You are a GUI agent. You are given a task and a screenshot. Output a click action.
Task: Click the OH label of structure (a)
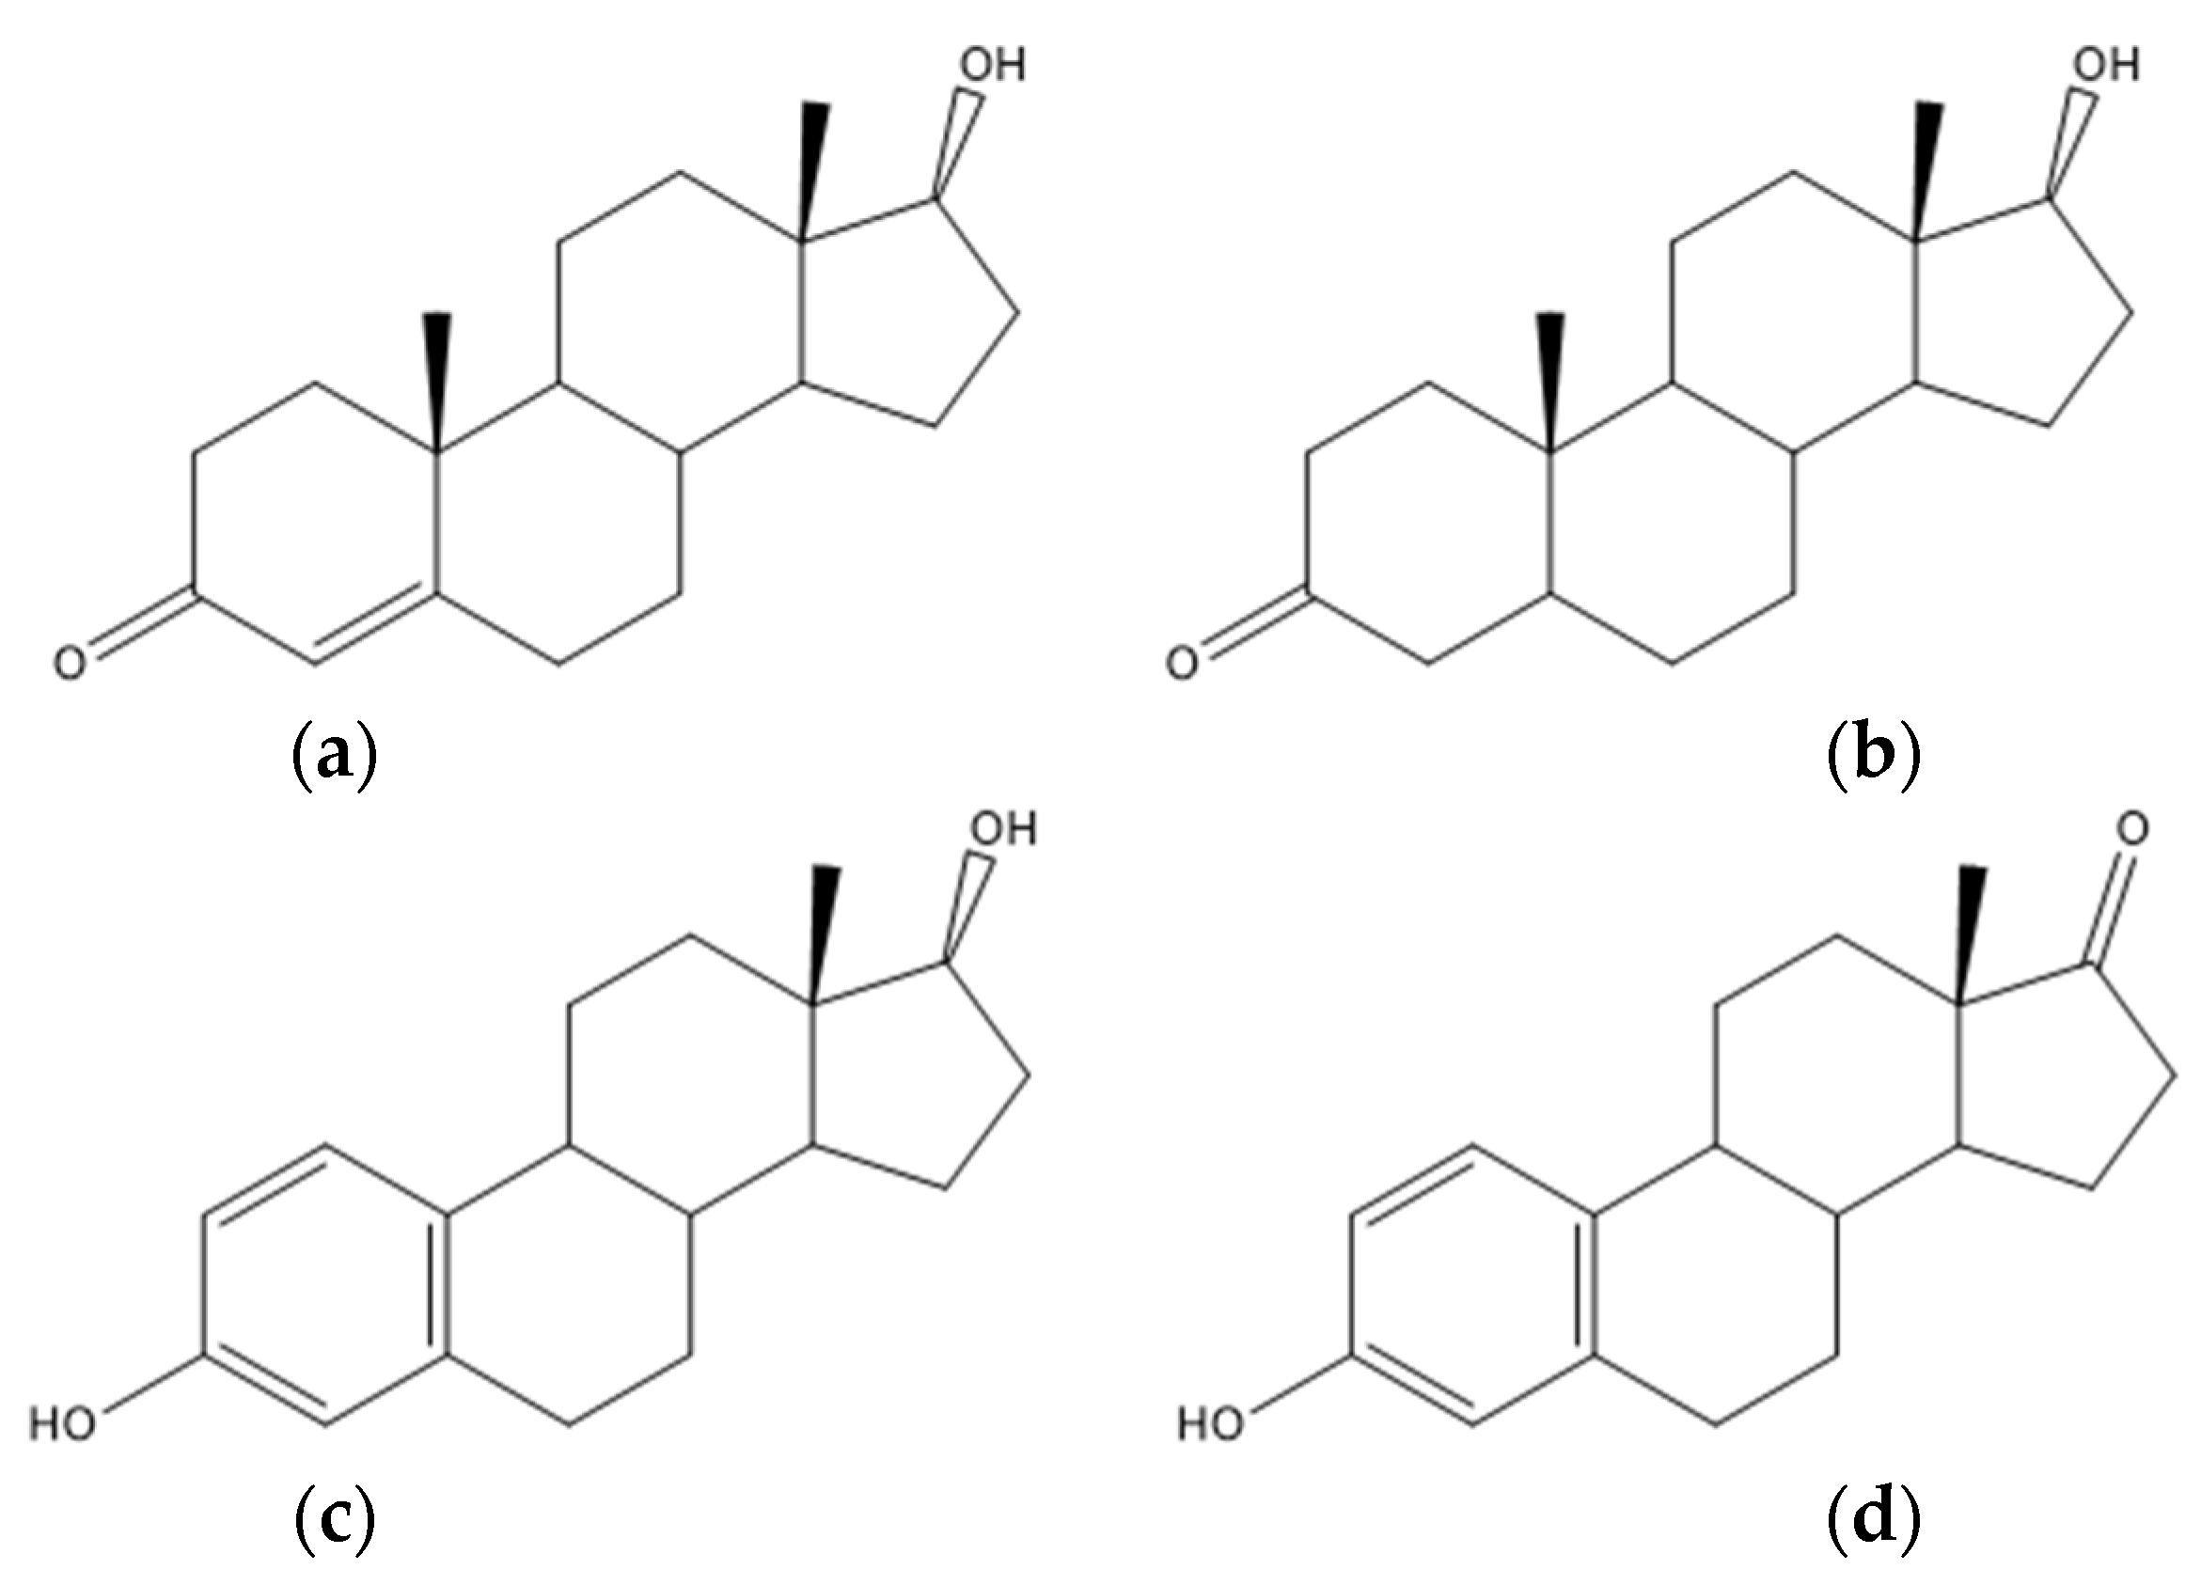coord(992,65)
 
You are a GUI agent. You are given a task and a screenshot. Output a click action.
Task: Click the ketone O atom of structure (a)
coord(69,665)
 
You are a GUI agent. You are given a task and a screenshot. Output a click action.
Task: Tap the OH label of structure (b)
coord(2106,65)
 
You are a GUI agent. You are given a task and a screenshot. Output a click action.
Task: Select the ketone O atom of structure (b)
coord(1181,665)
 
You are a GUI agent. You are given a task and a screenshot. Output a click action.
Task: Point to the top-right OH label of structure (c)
coord(1004,830)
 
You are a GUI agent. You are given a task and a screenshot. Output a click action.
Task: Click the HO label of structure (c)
coord(62,1425)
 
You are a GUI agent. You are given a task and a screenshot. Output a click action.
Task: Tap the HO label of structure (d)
coord(1210,1425)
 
